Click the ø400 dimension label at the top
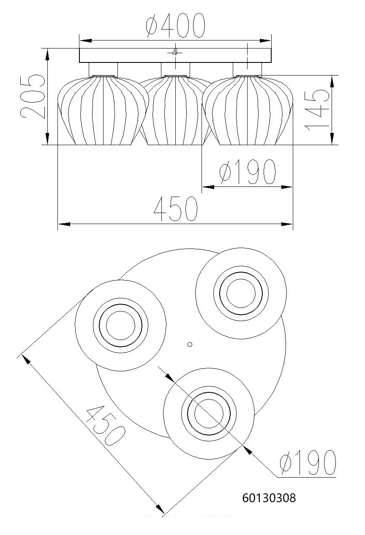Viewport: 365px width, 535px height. pos(175,26)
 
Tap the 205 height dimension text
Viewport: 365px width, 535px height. pos(32,96)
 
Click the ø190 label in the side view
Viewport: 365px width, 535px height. pos(247,172)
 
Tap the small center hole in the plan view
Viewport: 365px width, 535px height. pos(190,344)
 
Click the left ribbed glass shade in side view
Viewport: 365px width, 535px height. pos(103,111)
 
